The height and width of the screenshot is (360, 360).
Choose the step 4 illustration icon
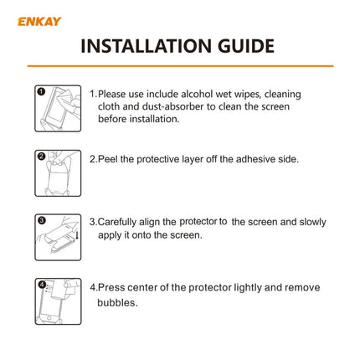[x=58, y=301]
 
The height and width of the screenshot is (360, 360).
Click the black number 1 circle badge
[x=41, y=91]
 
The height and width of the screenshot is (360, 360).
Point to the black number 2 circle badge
[x=41, y=156]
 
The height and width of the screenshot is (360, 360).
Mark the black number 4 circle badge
[x=41, y=285]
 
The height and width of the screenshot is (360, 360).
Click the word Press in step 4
[x=113, y=287]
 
